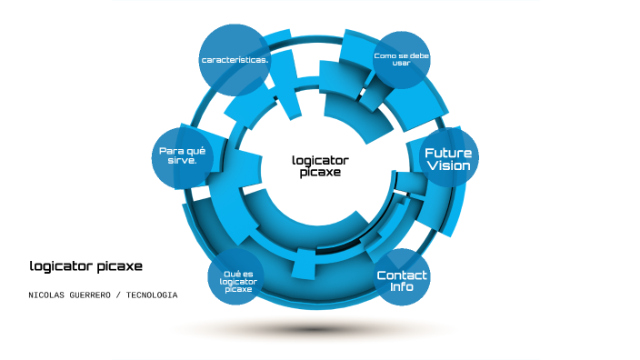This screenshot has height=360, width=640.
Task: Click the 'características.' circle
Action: pyautogui.click(x=235, y=59)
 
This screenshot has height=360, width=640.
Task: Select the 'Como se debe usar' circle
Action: pyautogui.click(x=401, y=59)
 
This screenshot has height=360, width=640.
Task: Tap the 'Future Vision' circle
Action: pyautogui.click(x=448, y=159)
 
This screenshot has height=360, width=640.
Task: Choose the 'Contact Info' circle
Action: pyautogui.click(x=402, y=280)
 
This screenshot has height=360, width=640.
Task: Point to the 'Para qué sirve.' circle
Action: pyautogui.click(x=185, y=156)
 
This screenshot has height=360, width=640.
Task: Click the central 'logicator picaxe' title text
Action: pyautogui.click(x=320, y=165)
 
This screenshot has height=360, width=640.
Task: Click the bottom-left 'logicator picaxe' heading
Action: pyautogui.click(x=85, y=266)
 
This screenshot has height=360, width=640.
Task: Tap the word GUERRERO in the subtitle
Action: pyautogui.click(x=95, y=295)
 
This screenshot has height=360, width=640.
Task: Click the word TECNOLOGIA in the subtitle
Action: pyautogui.click(x=152, y=295)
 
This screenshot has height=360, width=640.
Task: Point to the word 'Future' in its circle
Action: pyautogui.click(x=448, y=153)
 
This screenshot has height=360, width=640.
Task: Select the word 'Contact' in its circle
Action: pyautogui.click(x=402, y=275)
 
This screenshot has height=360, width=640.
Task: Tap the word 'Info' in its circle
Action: pyautogui.click(x=402, y=287)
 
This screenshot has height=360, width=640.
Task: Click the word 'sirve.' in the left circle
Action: pyautogui.click(x=185, y=162)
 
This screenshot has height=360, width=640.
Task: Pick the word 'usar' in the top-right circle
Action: pyautogui.click(x=401, y=64)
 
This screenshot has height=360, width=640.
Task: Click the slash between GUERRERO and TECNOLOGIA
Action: pyautogui.click(x=122, y=295)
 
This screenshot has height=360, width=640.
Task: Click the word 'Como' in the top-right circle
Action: pyautogui.click(x=385, y=55)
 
